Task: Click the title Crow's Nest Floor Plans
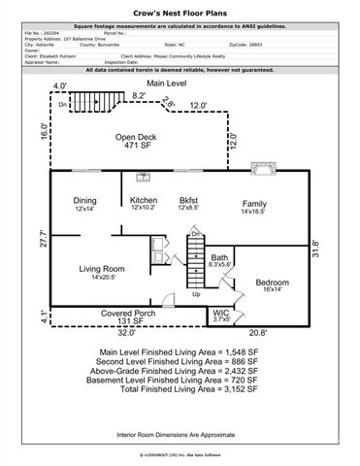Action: coord(180,7)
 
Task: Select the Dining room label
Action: coord(85,201)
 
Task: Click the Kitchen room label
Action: coord(144,201)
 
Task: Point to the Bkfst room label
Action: coord(188,201)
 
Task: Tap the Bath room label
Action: coord(219,257)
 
